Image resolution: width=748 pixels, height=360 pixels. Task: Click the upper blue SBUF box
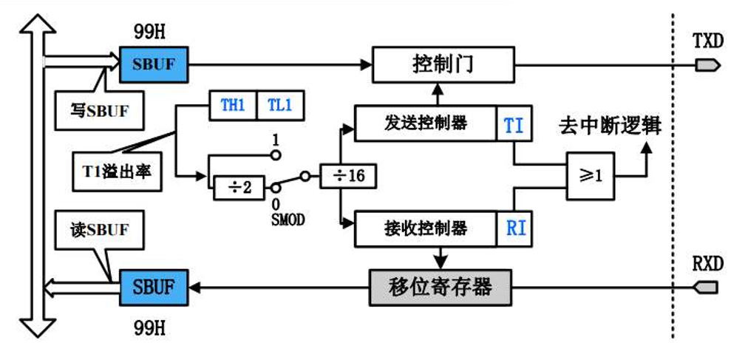(x=154, y=64)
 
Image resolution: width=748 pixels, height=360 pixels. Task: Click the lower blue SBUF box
(x=154, y=287)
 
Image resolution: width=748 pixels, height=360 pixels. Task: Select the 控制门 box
(x=442, y=64)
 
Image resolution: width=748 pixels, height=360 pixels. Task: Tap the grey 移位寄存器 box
(x=440, y=287)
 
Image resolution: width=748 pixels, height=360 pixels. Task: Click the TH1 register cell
(x=232, y=105)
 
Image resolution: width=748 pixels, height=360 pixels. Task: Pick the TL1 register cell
(x=279, y=105)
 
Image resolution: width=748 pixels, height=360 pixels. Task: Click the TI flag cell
(x=514, y=124)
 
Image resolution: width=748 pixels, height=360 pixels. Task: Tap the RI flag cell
(x=515, y=228)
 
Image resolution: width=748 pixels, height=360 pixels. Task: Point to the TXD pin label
(x=707, y=41)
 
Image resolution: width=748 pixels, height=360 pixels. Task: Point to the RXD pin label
(x=707, y=264)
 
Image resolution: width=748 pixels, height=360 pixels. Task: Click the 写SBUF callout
(x=98, y=111)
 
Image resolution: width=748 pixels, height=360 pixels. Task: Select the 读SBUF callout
(x=98, y=230)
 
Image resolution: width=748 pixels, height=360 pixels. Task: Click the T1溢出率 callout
(x=117, y=171)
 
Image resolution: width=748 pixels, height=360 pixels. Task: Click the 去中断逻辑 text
(x=610, y=125)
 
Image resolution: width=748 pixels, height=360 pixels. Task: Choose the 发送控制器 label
(x=426, y=123)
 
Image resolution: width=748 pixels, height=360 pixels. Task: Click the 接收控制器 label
(x=426, y=227)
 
